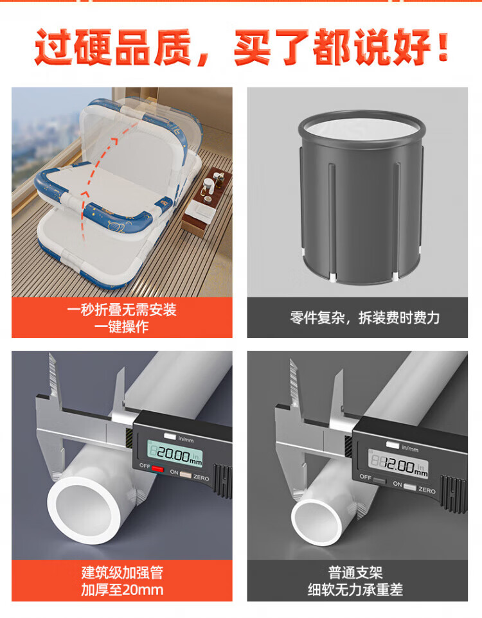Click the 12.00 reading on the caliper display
tap(398, 466)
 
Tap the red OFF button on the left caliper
tap(157, 468)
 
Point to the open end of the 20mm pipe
tap(84, 511)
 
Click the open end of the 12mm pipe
tap(317, 523)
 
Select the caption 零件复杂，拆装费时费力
tap(365, 317)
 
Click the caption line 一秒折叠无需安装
tap(121, 310)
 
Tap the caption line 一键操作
tap(121, 327)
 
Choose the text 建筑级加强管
tap(122, 572)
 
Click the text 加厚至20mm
tap(122, 590)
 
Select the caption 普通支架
tap(356, 572)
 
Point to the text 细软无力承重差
tap(356, 590)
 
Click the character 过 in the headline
tap(54, 47)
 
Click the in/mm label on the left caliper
tap(186, 439)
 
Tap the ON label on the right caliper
tap(398, 484)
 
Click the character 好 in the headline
tap(412, 47)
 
